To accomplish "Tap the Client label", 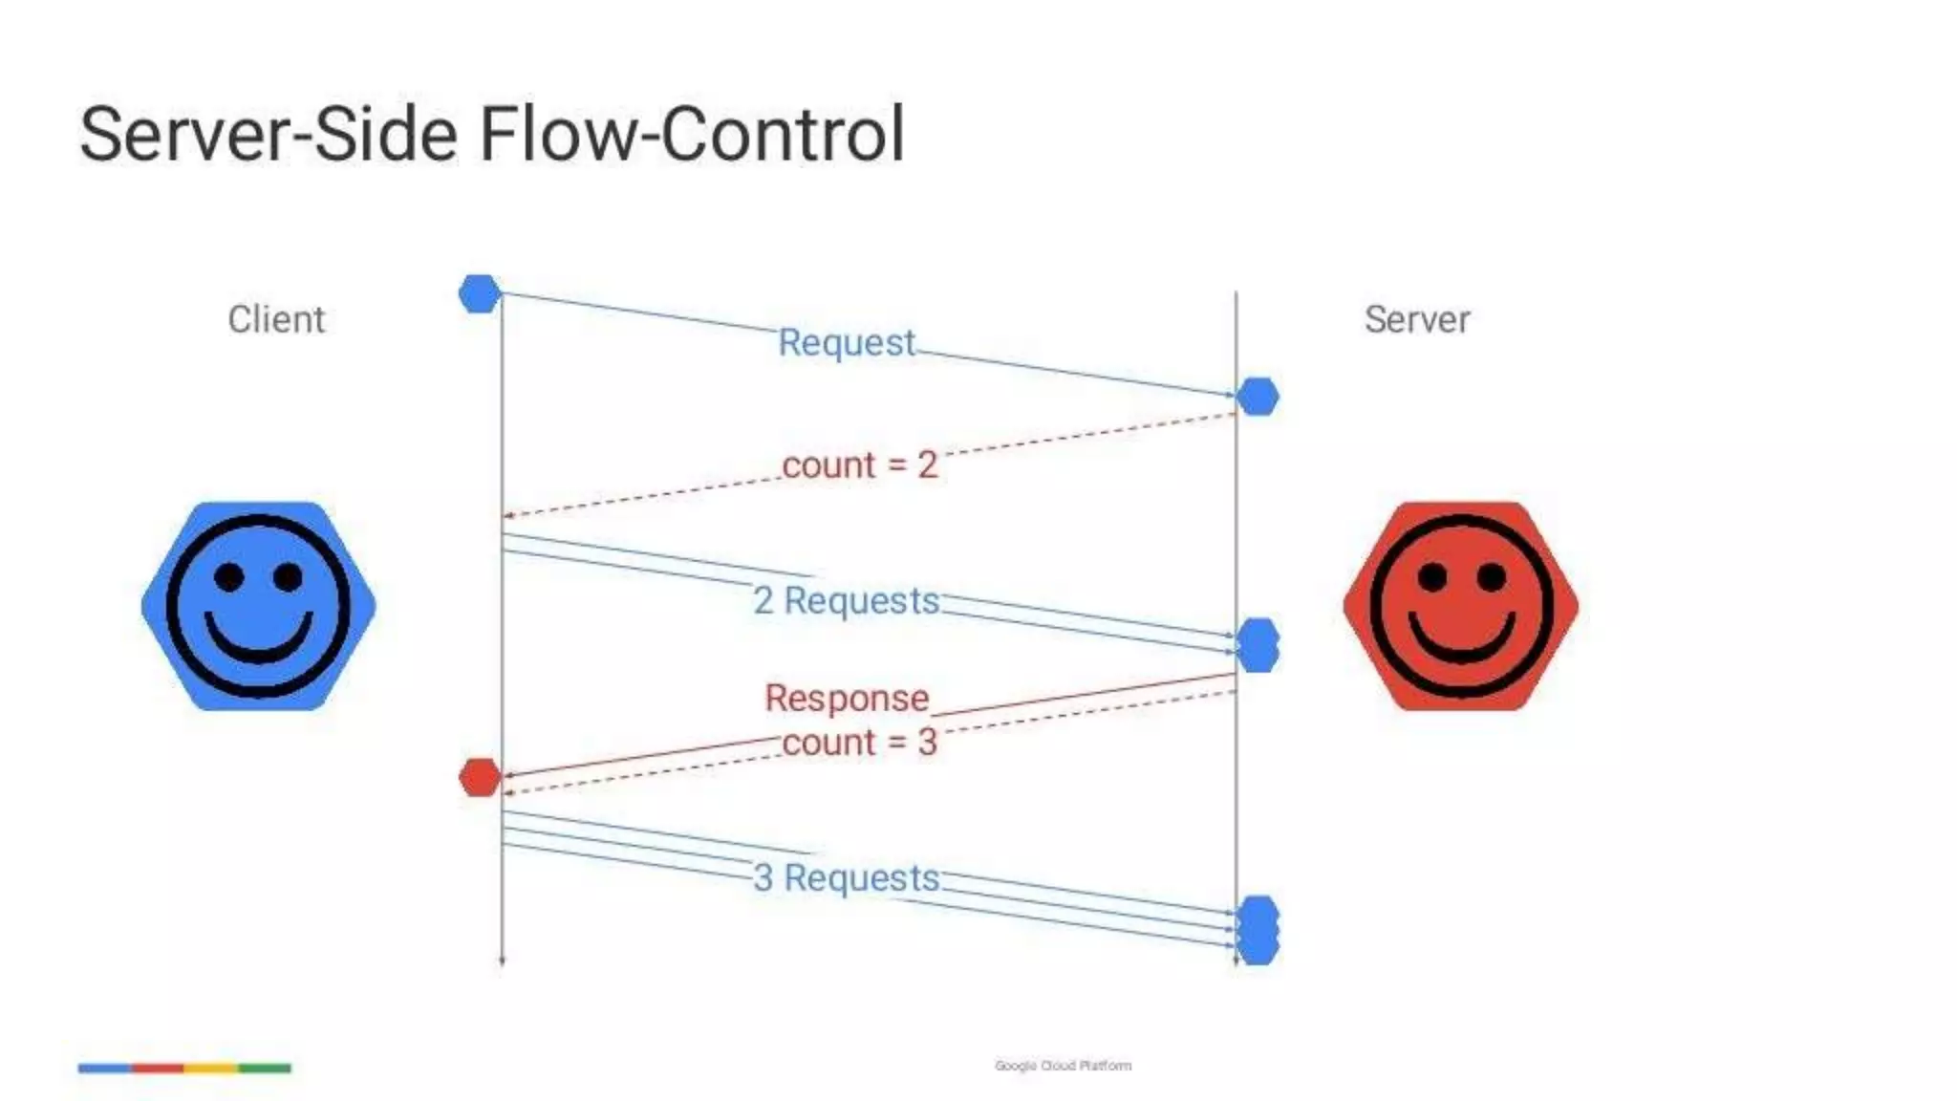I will coord(276,319).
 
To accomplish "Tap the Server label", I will coord(1416,319).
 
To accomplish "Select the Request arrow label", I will coord(846,342).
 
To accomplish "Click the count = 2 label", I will coord(859,464).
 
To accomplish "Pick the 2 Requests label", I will coord(846,600).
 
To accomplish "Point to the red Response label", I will coord(846,698).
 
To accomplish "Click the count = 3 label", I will coord(859,742).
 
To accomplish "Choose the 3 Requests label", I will coord(846,877).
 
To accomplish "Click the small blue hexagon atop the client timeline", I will coord(480,293).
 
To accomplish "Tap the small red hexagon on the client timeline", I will coord(480,778).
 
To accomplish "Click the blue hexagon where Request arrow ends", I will coord(1258,397).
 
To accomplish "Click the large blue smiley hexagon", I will coord(258,606).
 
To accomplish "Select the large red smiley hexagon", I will coord(1460,606).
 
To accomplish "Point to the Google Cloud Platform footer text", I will coord(1063,1066).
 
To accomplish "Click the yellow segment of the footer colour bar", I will coord(211,1068).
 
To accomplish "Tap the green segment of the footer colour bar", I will coord(265,1068).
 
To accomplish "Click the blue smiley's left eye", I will coord(229,576).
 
